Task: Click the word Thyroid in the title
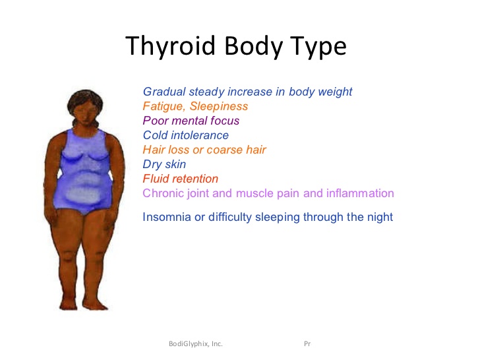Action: click(x=171, y=46)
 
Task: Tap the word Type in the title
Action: click(x=318, y=46)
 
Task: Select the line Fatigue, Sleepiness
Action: click(x=195, y=106)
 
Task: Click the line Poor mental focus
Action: click(x=191, y=121)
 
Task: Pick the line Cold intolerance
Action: click(x=186, y=135)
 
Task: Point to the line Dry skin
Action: click(x=164, y=164)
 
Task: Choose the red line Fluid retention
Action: click(x=181, y=179)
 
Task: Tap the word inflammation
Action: click(x=360, y=193)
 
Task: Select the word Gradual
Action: click(x=164, y=92)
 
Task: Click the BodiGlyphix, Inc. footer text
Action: click(x=196, y=344)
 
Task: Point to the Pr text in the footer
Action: click(x=307, y=344)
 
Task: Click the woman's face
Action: click(x=86, y=112)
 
